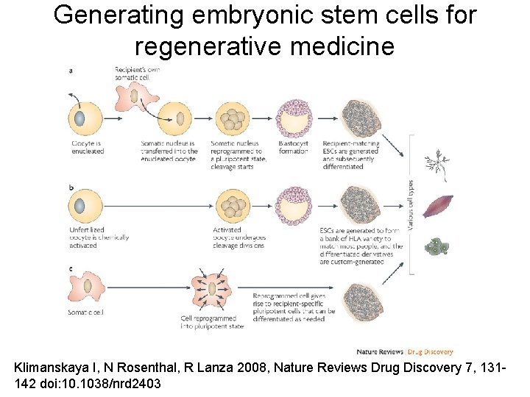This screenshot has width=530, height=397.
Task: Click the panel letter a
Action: [x=70, y=71]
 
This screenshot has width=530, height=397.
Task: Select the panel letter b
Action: [x=70, y=189]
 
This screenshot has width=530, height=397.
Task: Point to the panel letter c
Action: [x=70, y=270]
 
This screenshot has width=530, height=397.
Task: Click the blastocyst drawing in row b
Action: [x=294, y=205]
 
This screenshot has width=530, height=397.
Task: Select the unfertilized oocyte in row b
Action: [x=82, y=206]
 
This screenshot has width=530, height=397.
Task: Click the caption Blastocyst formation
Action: [x=294, y=147]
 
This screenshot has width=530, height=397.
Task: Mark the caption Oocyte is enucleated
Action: [x=88, y=147]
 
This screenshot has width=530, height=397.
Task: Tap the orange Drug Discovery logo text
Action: [x=431, y=352]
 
